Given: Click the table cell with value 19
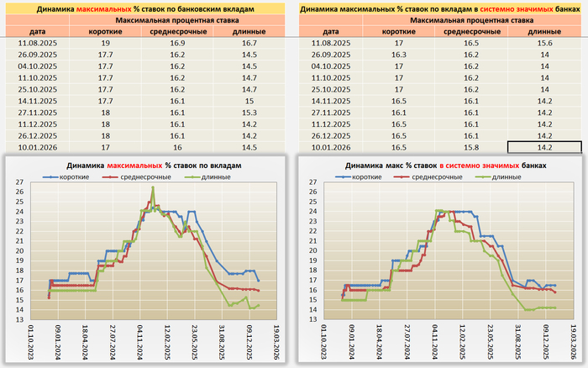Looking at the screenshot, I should click(x=105, y=41).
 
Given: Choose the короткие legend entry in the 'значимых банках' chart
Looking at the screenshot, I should click(x=366, y=177).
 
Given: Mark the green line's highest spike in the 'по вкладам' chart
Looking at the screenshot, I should click(x=153, y=187).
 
